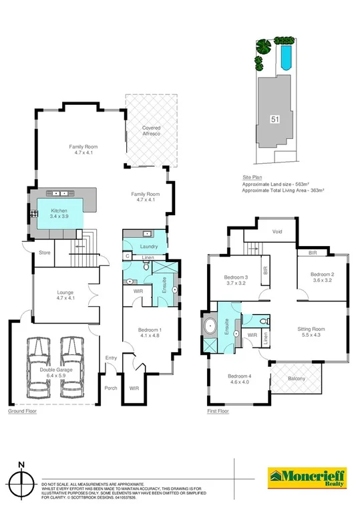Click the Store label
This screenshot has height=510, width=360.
click(x=45, y=253)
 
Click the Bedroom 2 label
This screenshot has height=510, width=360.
click(x=322, y=277)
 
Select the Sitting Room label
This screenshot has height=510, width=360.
click(x=311, y=332)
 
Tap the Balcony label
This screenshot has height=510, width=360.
click(x=295, y=379)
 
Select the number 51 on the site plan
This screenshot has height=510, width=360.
click(x=275, y=119)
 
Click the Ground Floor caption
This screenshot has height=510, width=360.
click(x=23, y=411)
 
